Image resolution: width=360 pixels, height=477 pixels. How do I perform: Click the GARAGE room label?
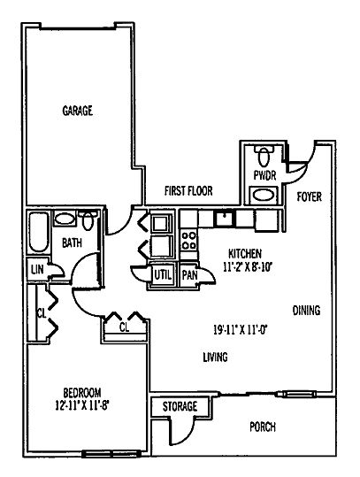pyautogui.click(x=77, y=111)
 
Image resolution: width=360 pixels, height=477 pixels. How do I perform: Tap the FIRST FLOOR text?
pyautogui.click(x=188, y=191)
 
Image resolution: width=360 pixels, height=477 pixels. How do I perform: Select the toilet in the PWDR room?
pyautogui.click(x=264, y=155)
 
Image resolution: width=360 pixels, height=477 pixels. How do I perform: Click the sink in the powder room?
pyautogui.click(x=264, y=196)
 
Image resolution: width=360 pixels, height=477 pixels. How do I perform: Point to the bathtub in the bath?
pyautogui.click(x=39, y=232)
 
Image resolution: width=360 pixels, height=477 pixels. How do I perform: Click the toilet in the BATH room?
pyautogui.click(x=88, y=219)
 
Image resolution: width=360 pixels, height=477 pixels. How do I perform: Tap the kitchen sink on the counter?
pyautogui.click(x=225, y=218)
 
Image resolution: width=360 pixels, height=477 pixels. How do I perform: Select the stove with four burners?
pyautogui.click(x=188, y=241)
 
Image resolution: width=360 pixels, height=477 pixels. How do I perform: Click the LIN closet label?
pyautogui.click(x=37, y=269)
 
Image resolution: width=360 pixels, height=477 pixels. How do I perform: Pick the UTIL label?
pyautogui.click(x=163, y=275)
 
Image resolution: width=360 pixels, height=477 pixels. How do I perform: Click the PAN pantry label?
pyautogui.click(x=189, y=275)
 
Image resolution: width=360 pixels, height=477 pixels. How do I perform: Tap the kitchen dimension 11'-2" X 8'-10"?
pyautogui.click(x=247, y=267)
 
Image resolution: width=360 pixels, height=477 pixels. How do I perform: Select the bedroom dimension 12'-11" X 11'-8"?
pyautogui.click(x=82, y=405)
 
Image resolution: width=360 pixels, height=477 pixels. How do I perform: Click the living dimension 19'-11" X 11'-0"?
pyautogui.click(x=241, y=329)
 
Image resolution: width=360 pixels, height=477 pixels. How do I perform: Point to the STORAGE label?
pyautogui.click(x=180, y=406)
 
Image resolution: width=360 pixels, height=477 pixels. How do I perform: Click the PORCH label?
pyautogui.click(x=263, y=427)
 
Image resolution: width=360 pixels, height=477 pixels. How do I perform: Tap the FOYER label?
pyautogui.click(x=310, y=196)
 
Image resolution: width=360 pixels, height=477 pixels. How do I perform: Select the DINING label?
pyautogui.click(x=306, y=311)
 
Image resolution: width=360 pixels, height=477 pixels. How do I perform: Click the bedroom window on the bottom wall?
pyautogui.click(x=111, y=454)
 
